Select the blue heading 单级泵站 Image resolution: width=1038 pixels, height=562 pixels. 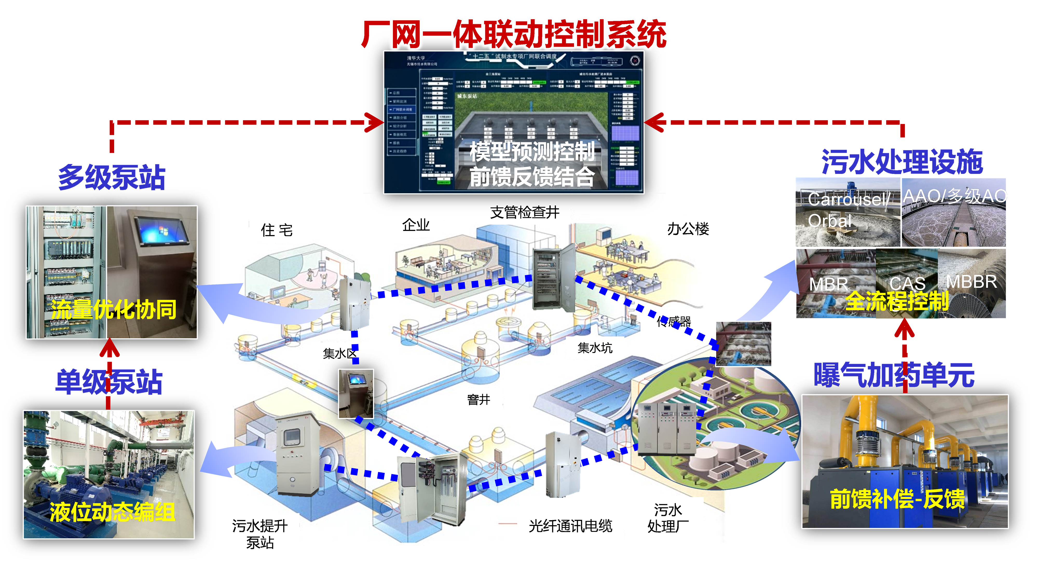(109, 382)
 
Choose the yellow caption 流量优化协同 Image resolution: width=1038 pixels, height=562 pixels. (114, 309)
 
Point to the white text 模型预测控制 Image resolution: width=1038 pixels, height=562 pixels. (532, 152)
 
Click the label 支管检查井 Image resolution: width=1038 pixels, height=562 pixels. (525, 212)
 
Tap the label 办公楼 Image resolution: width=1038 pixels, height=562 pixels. (688, 229)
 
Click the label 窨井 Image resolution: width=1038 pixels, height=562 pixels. (478, 399)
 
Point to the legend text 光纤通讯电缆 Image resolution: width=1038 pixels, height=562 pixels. (570, 526)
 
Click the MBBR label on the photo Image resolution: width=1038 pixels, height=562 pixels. (971, 282)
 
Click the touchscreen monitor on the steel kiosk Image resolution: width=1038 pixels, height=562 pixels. (162, 231)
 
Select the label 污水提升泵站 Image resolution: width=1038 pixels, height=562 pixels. (260, 534)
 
